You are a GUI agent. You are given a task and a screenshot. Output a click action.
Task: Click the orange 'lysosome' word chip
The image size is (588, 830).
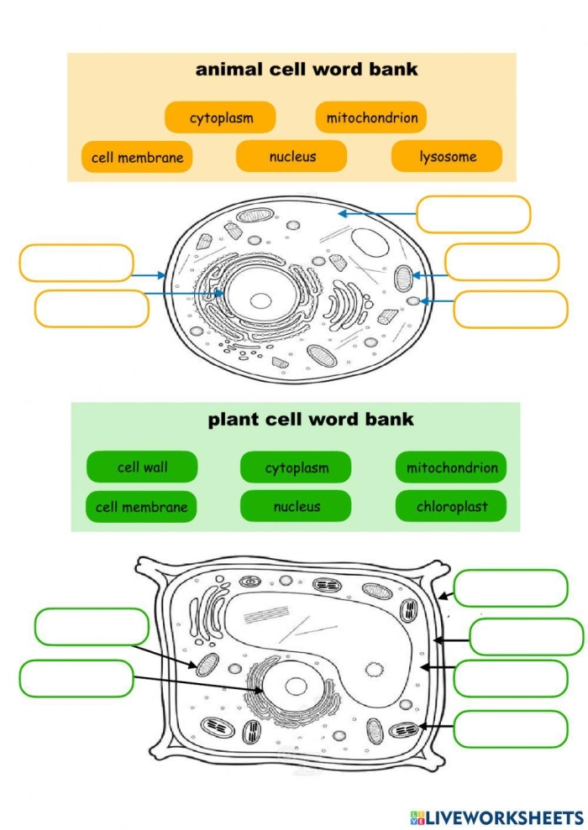pos(447,156)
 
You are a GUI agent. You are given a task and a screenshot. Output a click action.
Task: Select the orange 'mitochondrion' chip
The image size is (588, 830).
pos(371,117)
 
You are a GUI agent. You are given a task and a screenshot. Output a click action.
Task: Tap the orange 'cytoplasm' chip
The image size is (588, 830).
pos(220,117)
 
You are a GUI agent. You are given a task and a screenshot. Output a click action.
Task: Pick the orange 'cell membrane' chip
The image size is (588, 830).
pos(137,157)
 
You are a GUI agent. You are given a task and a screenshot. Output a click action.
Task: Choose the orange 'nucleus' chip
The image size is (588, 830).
pos(291,156)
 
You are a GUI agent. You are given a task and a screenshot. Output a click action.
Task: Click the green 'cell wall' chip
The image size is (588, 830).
pos(142,467)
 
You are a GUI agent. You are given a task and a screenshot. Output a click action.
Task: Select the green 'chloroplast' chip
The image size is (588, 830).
pos(451,506)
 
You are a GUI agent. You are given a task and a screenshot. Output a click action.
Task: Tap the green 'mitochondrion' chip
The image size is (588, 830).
pos(451,467)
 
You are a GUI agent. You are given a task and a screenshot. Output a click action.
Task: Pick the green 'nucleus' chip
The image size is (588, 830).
pos(296,506)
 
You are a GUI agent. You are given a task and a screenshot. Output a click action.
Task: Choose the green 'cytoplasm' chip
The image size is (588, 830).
pos(296,467)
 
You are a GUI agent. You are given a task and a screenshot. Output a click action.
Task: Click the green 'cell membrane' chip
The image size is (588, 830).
pos(141,506)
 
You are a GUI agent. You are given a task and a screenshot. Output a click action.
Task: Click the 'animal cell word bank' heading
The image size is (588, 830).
pos(306,70)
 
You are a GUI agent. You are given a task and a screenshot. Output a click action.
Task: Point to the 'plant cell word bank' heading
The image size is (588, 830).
pos(311,419)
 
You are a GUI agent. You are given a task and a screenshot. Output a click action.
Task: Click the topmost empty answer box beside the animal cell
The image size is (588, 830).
pos(474,214)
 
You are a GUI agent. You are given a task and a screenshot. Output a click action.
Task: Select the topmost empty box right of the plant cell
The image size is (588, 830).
pos(511,587)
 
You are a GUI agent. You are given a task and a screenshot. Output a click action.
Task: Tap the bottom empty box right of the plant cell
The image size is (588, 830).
pos(511,728)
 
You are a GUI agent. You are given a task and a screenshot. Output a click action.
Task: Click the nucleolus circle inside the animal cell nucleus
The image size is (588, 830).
pos(262,300)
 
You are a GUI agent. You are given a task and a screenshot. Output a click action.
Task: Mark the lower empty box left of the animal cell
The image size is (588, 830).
pos(92,308)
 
